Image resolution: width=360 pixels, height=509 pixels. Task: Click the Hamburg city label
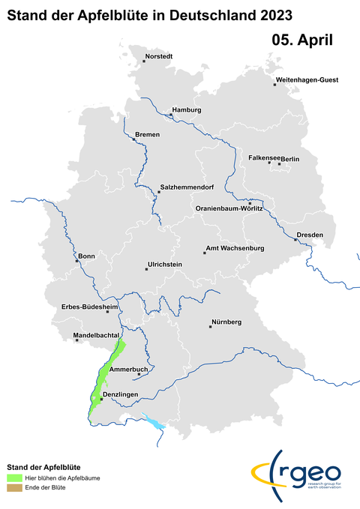coord(187,110)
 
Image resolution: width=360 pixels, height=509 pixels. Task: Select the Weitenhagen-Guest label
coord(307,79)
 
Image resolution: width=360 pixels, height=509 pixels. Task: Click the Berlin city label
coord(290,159)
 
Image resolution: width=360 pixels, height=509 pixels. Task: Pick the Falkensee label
coord(264,158)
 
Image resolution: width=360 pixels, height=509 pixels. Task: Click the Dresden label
coord(310,235)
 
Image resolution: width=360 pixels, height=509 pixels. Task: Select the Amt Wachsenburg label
coord(235,248)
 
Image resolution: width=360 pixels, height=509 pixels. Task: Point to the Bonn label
coord(86,256)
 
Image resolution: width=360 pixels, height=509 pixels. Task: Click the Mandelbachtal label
coord(91,335)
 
